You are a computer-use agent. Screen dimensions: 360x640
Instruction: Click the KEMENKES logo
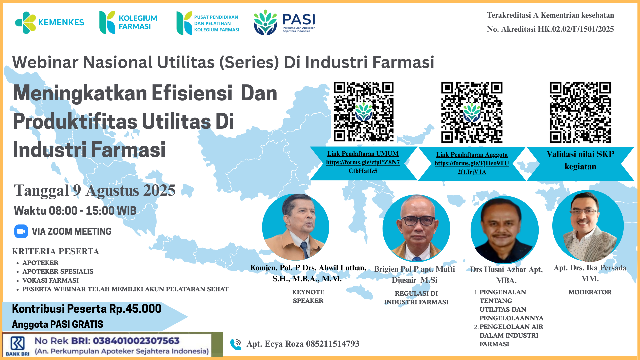click(49, 22)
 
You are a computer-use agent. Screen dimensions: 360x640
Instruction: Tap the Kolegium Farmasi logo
click(128, 22)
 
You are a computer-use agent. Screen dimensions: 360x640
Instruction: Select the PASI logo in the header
click(284, 22)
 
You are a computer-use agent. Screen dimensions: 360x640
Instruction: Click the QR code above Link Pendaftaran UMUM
click(364, 112)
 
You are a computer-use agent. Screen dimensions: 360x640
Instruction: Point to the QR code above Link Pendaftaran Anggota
click(472, 112)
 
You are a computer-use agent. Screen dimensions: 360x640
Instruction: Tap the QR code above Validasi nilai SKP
click(580, 112)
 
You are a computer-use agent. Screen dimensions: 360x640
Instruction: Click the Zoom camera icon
click(21, 231)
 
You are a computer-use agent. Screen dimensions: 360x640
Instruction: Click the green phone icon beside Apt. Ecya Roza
click(236, 344)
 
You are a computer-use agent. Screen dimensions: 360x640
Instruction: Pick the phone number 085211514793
click(332, 344)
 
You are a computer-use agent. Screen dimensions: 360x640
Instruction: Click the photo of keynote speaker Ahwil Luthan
click(296, 227)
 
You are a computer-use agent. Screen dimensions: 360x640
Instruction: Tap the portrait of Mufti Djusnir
click(416, 228)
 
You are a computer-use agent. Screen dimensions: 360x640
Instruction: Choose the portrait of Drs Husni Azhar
click(504, 230)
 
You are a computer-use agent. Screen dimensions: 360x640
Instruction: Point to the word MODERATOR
click(590, 292)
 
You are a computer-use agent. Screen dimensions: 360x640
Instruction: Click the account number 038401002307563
click(136, 341)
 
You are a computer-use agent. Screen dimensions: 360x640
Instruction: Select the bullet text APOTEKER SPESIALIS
click(58, 271)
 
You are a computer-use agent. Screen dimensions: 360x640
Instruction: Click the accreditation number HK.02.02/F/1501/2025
click(576, 29)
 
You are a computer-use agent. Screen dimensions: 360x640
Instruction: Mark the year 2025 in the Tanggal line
click(159, 191)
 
